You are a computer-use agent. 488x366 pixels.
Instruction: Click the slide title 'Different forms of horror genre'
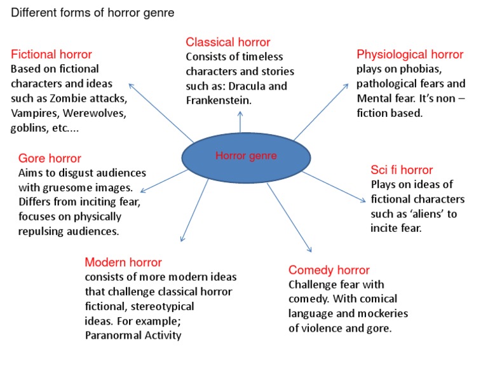click(93, 13)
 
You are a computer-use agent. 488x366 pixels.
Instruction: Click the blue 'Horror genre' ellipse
click(246, 156)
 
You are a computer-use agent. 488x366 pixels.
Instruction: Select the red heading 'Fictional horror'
click(51, 55)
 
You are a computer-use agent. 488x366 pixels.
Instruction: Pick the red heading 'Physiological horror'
click(410, 55)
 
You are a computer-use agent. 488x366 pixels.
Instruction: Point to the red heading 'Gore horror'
click(50, 158)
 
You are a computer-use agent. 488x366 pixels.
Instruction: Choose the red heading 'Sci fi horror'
click(402, 170)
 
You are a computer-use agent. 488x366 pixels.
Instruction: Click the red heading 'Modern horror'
click(123, 262)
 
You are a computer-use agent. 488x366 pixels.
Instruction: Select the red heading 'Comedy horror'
click(329, 270)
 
